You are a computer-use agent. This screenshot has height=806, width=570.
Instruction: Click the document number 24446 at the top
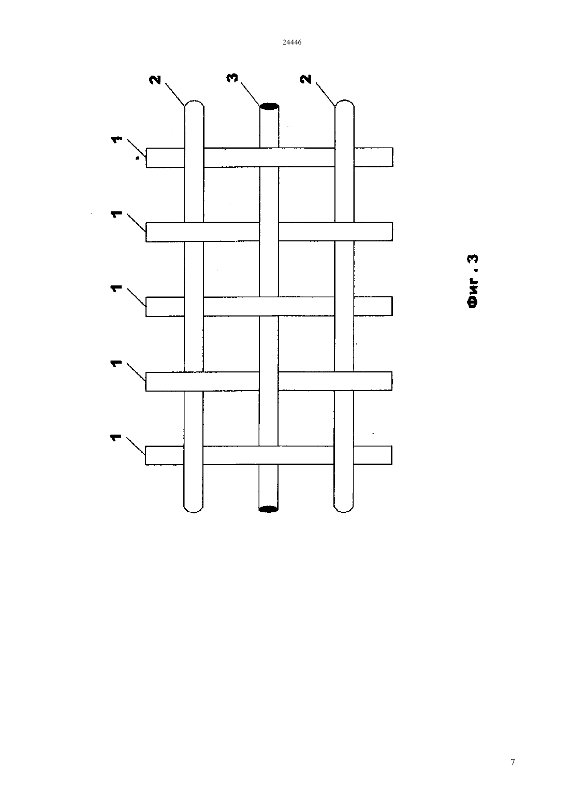click(x=291, y=42)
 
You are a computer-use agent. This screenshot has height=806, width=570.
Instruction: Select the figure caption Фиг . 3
click(x=473, y=281)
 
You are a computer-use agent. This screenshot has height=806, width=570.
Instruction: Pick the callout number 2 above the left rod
click(x=156, y=80)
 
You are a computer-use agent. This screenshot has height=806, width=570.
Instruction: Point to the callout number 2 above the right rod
click(x=306, y=79)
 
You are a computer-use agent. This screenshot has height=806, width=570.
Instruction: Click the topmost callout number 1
click(x=116, y=140)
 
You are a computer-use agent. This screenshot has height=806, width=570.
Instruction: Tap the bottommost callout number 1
click(x=116, y=438)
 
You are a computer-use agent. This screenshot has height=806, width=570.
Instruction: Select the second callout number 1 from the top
click(x=116, y=214)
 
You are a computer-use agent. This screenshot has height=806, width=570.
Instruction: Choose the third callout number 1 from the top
click(x=116, y=289)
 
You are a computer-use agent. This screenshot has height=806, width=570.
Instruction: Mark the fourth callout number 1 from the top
click(x=116, y=364)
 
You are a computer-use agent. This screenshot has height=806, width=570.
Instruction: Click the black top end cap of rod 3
click(x=269, y=107)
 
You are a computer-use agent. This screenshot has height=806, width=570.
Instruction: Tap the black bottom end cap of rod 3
click(x=268, y=509)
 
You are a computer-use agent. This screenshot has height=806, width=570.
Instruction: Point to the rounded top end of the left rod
click(x=194, y=103)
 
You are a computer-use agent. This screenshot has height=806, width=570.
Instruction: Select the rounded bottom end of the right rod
click(x=343, y=510)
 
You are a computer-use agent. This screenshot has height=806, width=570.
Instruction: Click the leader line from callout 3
click(x=251, y=94)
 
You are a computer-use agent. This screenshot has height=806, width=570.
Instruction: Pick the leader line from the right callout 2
click(x=326, y=94)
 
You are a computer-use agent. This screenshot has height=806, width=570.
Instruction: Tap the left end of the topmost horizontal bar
click(x=147, y=157)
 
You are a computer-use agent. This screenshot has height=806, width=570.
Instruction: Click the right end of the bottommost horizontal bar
click(x=391, y=455)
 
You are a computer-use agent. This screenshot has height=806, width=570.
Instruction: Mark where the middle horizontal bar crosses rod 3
click(x=269, y=307)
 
